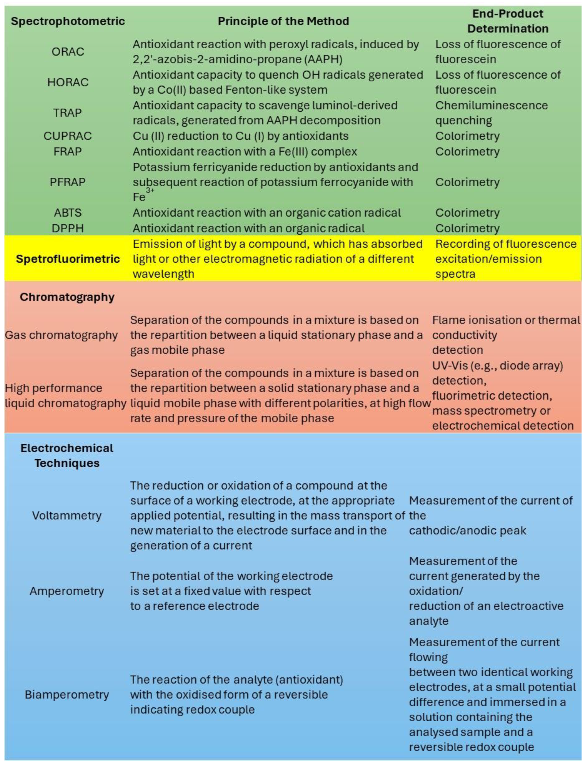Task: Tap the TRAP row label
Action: click(x=67, y=113)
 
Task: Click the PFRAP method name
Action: click(x=67, y=182)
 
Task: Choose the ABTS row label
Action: click(x=67, y=213)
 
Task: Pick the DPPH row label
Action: click(x=67, y=228)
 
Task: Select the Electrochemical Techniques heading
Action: click(x=67, y=455)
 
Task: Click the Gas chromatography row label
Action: click(x=61, y=335)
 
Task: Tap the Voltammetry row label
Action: click(x=67, y=515)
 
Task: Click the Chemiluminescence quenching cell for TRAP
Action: click(x=491, y=113)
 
